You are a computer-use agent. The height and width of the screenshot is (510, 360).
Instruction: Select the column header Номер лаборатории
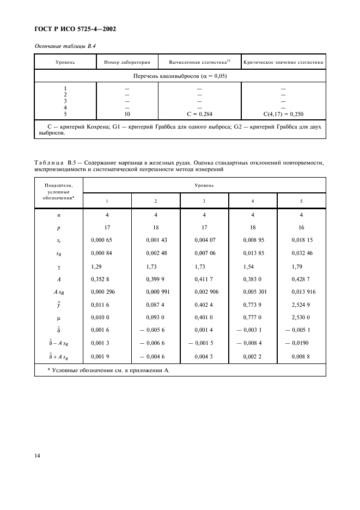[x=127, y=62]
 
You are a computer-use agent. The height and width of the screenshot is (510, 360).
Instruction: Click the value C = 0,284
[x=199, y=114]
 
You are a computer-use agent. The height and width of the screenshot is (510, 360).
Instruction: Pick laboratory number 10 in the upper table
[x=127, y=114]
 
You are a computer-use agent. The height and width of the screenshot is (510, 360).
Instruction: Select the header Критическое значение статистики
[x=283, y=62]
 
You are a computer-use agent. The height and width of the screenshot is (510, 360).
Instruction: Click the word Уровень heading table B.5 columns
[x=204, y=186]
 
